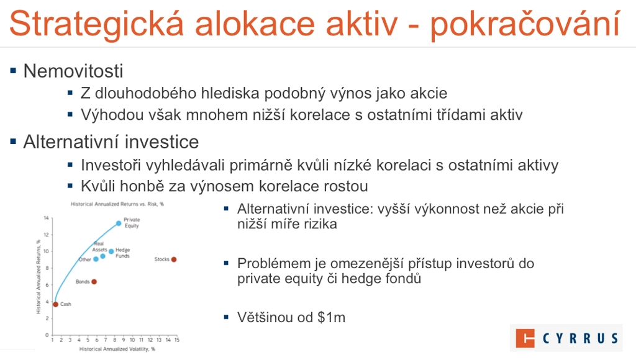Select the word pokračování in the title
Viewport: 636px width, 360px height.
coord(525,24)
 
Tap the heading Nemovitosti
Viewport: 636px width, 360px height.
coord(73,71)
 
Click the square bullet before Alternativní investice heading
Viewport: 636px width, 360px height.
coord(14,142)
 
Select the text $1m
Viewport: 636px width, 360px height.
coord(332,317)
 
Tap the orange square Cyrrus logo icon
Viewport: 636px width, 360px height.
coord(525,338)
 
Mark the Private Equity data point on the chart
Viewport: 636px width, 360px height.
coord(119,223)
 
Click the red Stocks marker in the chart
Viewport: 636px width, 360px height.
coord(174,259)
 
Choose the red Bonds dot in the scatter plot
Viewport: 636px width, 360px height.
coord(94,282)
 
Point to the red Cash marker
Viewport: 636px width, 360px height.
coord(55,304)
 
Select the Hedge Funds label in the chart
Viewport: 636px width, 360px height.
coord(122,253)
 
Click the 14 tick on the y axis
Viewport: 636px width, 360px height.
coord(46,218)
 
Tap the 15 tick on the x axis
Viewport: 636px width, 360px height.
coord(177,340)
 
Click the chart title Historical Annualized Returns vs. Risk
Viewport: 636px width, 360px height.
coord(117,204)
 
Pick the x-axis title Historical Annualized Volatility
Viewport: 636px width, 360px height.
coord(117,349)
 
